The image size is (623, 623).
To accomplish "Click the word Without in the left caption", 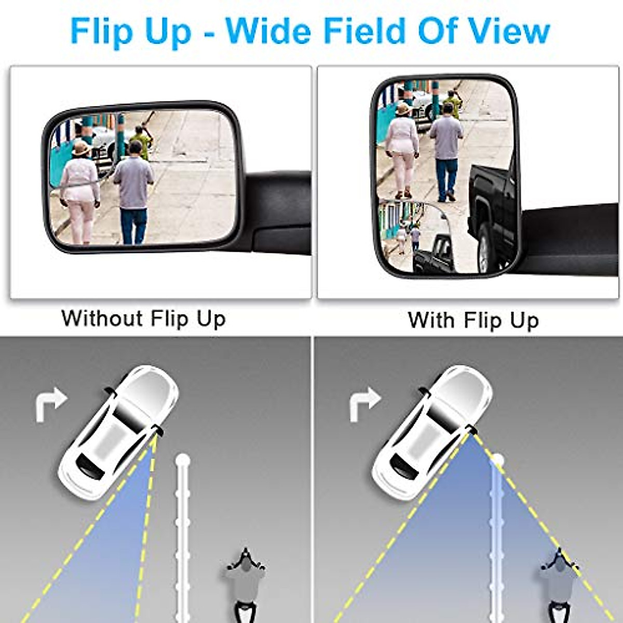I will [x=102, y=318].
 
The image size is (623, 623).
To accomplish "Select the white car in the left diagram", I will [x=118, y=431].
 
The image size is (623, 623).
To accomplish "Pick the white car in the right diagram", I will [x=433, y=431].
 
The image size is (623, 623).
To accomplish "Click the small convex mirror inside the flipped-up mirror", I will [x=414, y=236].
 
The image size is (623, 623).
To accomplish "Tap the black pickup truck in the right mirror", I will [x=493, y=213].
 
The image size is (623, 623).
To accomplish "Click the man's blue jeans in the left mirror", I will [x=133, y=224].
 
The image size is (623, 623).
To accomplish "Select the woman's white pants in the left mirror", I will [x=80, y=221].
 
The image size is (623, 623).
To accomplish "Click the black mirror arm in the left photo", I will [x=278, y=208].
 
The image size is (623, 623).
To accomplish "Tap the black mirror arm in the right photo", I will [x=571, y=234].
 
